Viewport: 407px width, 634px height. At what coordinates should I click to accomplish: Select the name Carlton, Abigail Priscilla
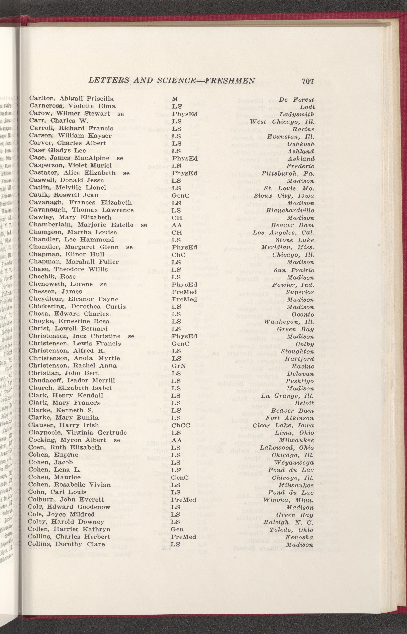(x=72, y=99)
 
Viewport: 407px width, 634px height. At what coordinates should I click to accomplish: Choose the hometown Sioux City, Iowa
(x=284, y=196)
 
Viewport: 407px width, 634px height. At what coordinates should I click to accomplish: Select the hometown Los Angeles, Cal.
(x=283, y=233)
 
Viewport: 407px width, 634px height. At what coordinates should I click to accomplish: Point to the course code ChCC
(x=181, y=425)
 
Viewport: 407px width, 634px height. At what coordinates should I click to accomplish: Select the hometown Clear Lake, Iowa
(x=283, y=426)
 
